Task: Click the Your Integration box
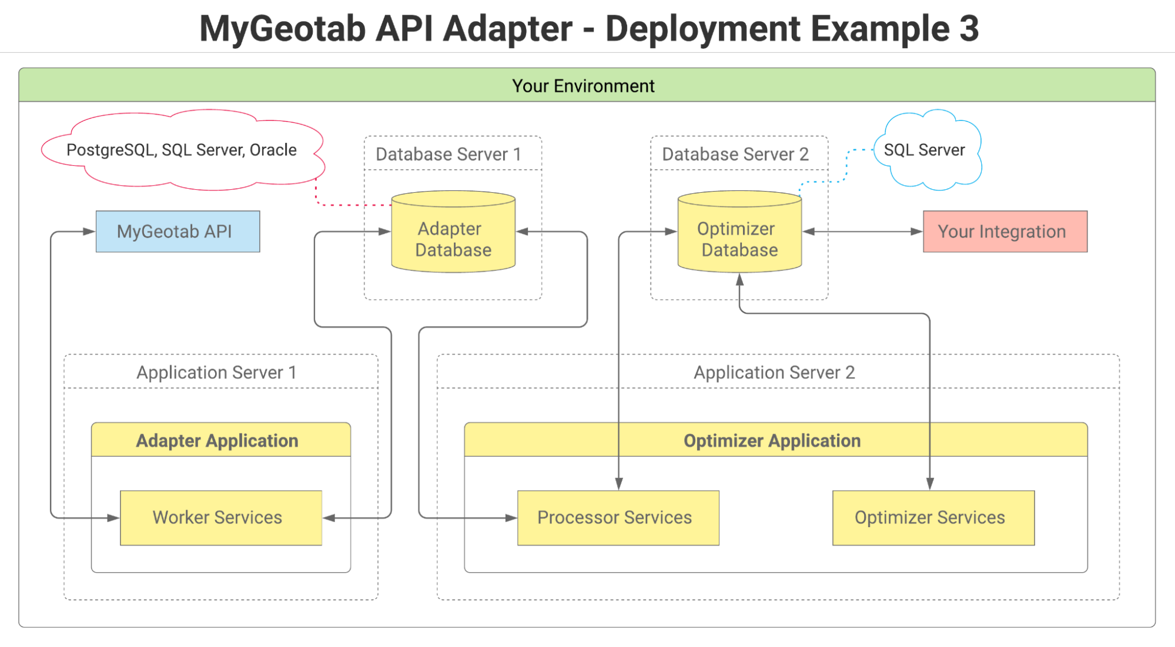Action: [x=1005, y=232]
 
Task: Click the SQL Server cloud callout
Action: [x=925, y=150]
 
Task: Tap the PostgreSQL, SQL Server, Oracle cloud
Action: [x=182, y=150]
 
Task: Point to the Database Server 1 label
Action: [x=448, y=154]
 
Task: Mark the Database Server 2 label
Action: [x=735, y=154]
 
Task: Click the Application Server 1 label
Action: [x=216, y=372]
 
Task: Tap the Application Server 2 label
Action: [x=774, y=372]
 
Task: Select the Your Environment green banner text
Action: [x=583, y=86]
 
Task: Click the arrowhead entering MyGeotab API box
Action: [x=89, y=232]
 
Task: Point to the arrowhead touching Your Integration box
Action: [x=916, y=232]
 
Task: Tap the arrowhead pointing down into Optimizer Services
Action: [x=930, y=484]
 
